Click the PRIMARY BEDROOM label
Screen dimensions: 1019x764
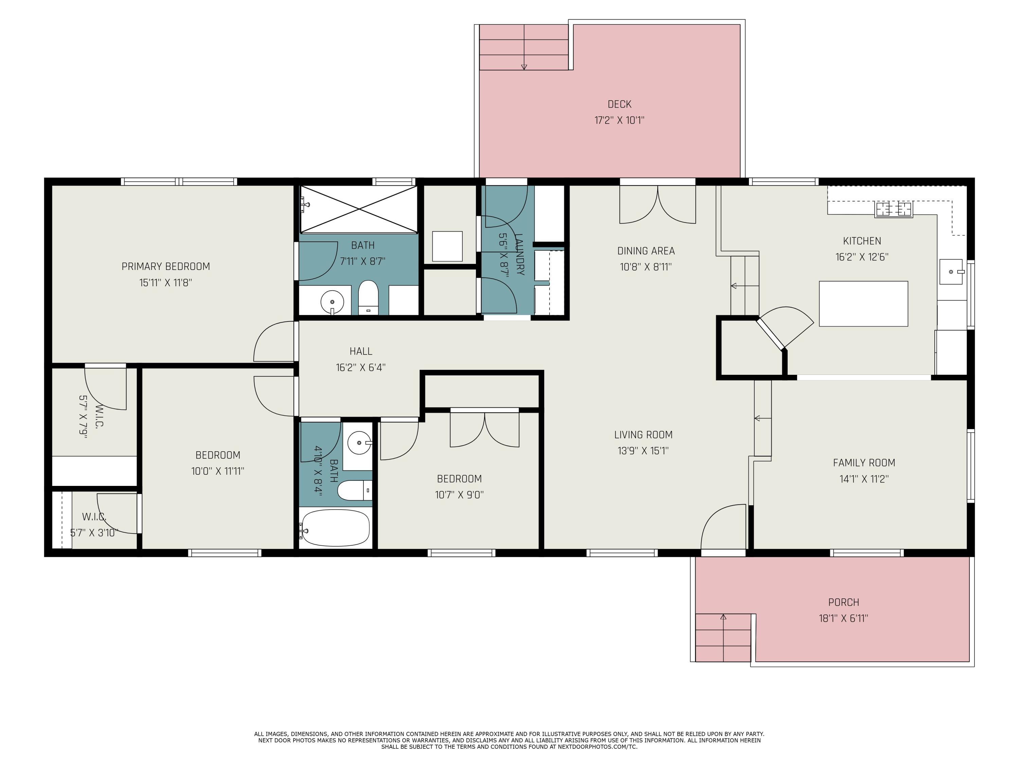[x=166, y=266]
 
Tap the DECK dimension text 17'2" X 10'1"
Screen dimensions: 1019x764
[x=619, y=120]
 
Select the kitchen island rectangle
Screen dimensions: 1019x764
[x=863, y=304]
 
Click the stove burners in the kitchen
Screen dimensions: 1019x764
[x=894, y=210]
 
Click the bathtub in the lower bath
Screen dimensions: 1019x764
[x=335, y=528]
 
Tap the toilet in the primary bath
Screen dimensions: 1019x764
[x=368, y=297]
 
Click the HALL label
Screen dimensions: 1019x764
[x=361, y=351]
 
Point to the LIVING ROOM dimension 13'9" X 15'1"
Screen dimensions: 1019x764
[x=643, y=451]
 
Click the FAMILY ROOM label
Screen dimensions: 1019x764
[x=864, y=463]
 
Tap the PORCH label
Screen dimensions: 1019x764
[x=843, y=602]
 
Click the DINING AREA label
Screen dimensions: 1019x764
[x=646, y=251]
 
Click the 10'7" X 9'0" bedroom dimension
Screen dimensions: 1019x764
[x=459, y=495]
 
